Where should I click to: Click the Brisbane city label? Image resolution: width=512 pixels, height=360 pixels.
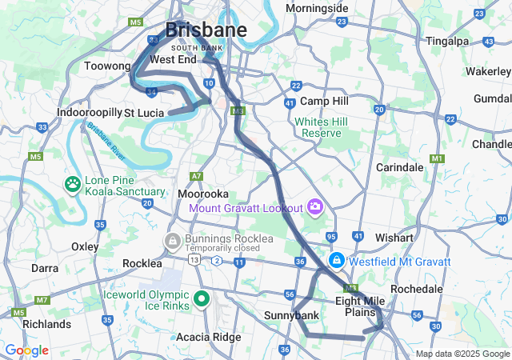(x=206, y=30)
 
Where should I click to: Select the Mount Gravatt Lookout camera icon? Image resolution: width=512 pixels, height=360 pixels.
(x=314, y=208)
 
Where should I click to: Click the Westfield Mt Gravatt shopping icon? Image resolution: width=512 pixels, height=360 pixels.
(x=337, y=262)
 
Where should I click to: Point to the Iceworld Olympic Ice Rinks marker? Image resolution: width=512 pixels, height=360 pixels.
(x=202, y=301)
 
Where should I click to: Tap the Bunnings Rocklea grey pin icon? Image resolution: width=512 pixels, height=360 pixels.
(x=172, y=240)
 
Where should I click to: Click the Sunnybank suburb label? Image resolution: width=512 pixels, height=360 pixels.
(x=291, y=315)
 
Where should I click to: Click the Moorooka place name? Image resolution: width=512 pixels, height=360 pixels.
(x=203, y=194)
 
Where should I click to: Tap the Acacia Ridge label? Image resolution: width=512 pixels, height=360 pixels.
(x=208, y=337)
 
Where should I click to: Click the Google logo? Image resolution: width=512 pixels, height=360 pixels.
(x=26, y=350)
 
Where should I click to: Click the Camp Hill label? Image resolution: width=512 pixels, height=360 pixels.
(x=324, y=102)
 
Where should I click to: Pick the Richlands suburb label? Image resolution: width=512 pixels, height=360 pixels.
(x=46, y=324)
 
